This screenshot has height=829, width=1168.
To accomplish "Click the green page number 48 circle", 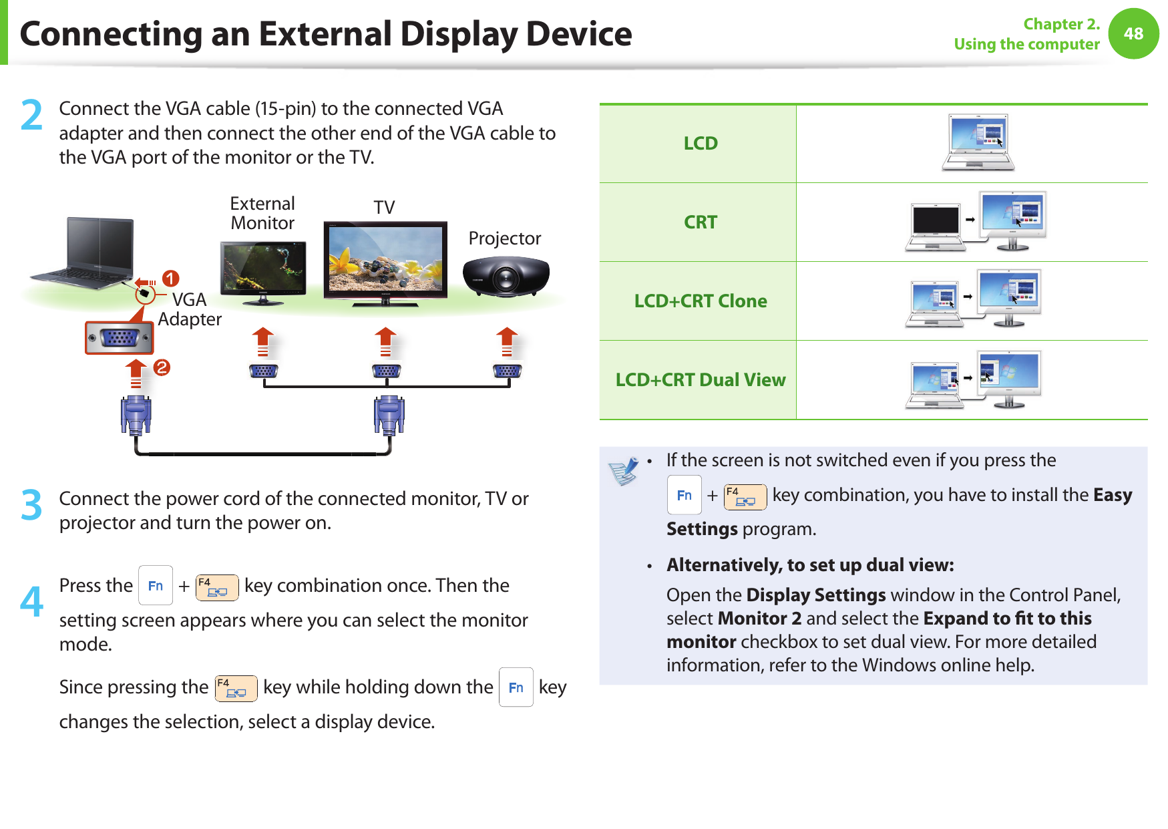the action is coord(1133,33).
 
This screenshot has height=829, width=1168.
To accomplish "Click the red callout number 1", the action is coord(170,278).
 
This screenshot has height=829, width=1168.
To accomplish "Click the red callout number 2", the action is coord(162,367).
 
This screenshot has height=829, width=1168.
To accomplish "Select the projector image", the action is coord(506,277).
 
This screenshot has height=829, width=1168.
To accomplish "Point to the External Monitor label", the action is coord(262,213).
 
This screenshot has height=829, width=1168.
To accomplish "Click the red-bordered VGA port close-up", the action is coord(120,338).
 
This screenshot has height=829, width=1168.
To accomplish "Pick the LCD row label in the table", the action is coord(701,143).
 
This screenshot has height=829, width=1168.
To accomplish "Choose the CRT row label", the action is coord(701,222).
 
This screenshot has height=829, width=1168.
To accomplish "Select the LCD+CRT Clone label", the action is coord(701,301).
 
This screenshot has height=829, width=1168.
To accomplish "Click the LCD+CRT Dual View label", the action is coord(701,379).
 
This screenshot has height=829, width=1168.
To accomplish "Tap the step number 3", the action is coord(31,505).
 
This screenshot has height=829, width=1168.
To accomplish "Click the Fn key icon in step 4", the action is coord(156,585).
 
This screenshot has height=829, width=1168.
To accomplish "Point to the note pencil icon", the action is coord(624,471).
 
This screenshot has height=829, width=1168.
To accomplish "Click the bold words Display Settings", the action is coord(816,595).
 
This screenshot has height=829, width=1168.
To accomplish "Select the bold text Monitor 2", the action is coord(760,618).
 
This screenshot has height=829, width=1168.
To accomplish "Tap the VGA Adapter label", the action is coord(190,309).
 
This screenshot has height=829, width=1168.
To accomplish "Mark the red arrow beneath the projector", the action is coord(508,341).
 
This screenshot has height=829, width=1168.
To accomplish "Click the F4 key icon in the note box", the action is coord(745,497).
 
